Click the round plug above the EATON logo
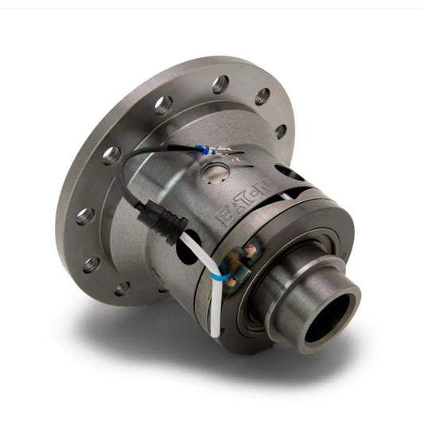pyautogui.click(x=212, y=172)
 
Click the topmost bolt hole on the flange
pyautogui.click(x=220, y=84)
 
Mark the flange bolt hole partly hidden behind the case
pyautogui.click(x=280, y=130)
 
